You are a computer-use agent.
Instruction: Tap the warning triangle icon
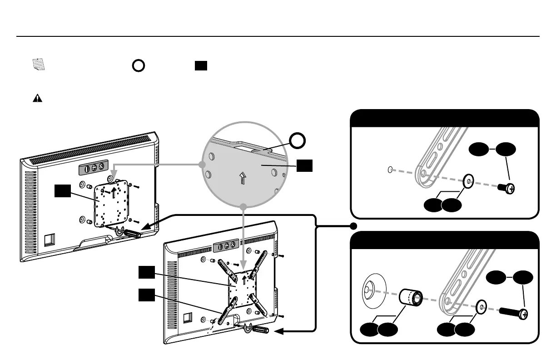click(x=37, y=98)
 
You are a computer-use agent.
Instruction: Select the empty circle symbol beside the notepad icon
click(x=139, y=65)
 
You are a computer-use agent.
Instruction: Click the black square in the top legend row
click(x=201, y=65)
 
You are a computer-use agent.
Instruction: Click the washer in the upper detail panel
click(x=468, y=180)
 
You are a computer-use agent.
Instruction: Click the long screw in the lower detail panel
click(x=514, y=312)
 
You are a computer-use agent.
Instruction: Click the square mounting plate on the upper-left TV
click(x=109, y=203)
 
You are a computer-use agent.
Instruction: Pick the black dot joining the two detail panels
click(x=354, y=226)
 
